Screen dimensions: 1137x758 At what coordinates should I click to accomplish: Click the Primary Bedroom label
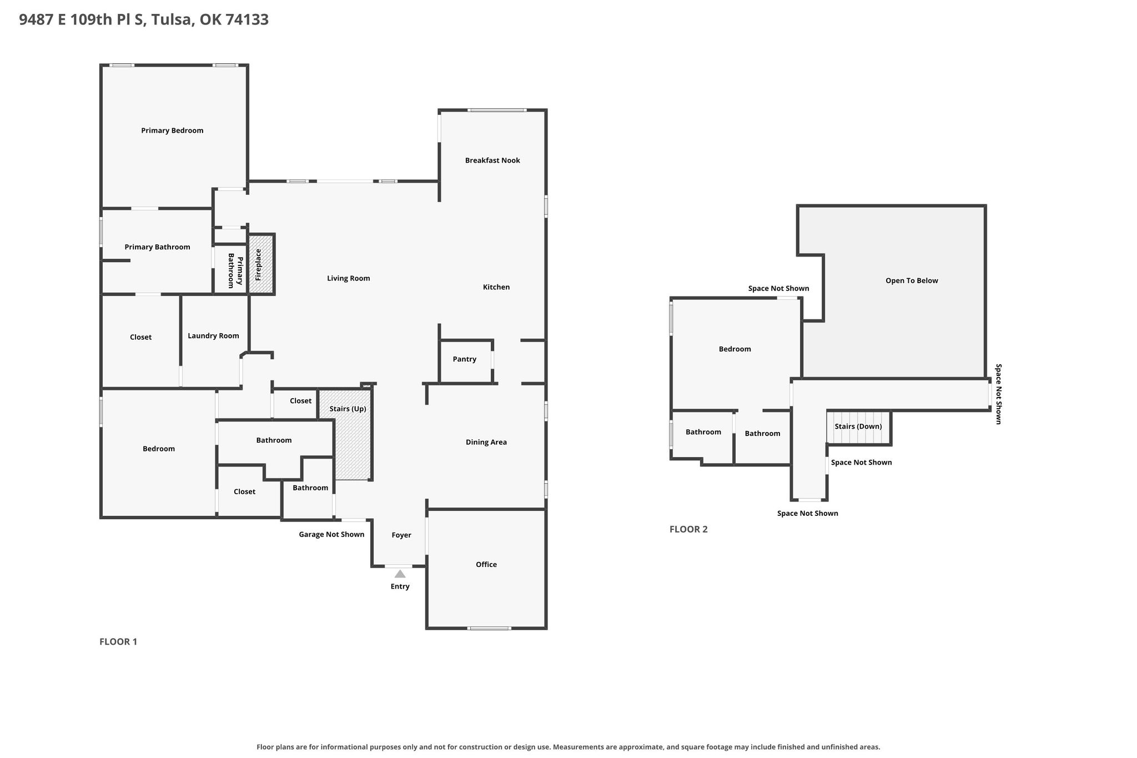click(172, 130)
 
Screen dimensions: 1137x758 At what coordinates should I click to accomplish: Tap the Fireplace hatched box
click(261, 264)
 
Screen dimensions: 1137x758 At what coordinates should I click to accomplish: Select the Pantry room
click(465, 361)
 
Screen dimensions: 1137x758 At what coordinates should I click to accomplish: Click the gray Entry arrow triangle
click(400, 574)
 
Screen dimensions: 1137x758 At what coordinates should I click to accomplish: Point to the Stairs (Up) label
click(348, 409)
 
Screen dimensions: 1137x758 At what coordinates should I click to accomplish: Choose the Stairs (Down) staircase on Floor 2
click(858, 427)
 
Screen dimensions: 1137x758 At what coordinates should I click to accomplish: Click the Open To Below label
click(912, 280)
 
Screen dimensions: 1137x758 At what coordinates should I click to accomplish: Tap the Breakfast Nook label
click(492, 160)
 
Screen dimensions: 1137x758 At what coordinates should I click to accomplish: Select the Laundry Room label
click(213, 336)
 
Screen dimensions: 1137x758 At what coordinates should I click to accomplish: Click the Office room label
click(486, 564)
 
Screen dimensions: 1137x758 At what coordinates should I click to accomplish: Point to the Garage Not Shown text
click(331, 534)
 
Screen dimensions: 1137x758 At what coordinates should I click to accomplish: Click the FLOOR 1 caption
click(118, 641)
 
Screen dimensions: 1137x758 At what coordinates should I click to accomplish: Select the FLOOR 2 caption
click(688, 529)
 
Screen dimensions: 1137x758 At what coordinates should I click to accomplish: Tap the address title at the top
click(144, 19)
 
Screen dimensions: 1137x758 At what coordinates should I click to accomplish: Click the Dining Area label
click(486, 442)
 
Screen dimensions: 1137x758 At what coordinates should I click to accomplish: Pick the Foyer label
click(401, 535)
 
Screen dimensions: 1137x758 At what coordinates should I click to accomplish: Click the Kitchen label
click(496, 287)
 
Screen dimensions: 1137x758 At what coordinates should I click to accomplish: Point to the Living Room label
click(348, 278)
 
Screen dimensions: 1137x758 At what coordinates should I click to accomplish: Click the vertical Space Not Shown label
click(998, 394)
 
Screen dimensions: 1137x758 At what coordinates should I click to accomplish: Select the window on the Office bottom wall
click(489, 628)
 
